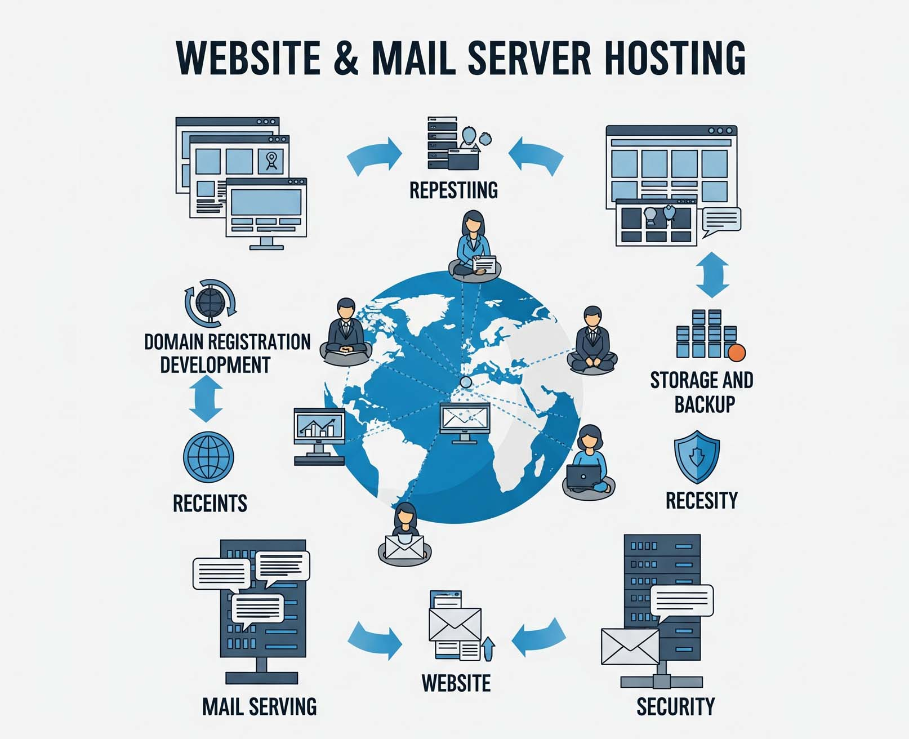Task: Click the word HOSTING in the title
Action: click(x=675, y=57)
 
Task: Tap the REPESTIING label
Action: click(x=453, y=190)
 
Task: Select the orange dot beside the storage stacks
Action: click(x=737, y=353)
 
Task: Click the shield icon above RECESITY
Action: click(x=697, y=456)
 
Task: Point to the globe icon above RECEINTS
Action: click(x=208, y=457)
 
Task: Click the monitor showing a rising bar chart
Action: click(x=319, y=434)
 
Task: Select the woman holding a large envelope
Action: click(x=404, y=535)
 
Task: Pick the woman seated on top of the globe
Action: click(x=473, y=245)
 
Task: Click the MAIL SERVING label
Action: click(x=259, y=706)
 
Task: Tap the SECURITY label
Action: click(x=675, y=706)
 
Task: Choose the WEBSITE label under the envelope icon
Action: click(x=456, y=683)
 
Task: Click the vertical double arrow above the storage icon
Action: click(x=712, y=274)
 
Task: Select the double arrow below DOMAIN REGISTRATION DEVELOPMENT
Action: click(x=206, y=399)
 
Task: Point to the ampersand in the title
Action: click(x=346, y=57)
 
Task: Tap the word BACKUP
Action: click(x=705, y=404)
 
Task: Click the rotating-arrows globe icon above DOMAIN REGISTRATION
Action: click(x=210, y=303)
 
